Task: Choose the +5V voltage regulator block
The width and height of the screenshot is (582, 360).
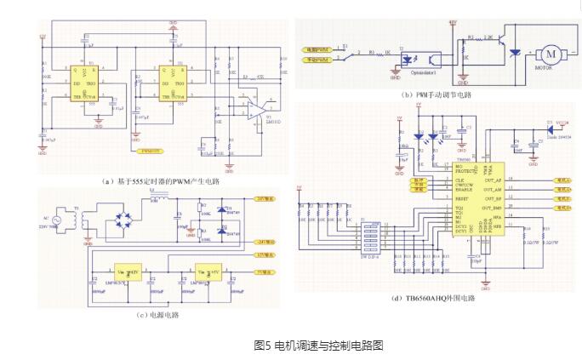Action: coord(207,267)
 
